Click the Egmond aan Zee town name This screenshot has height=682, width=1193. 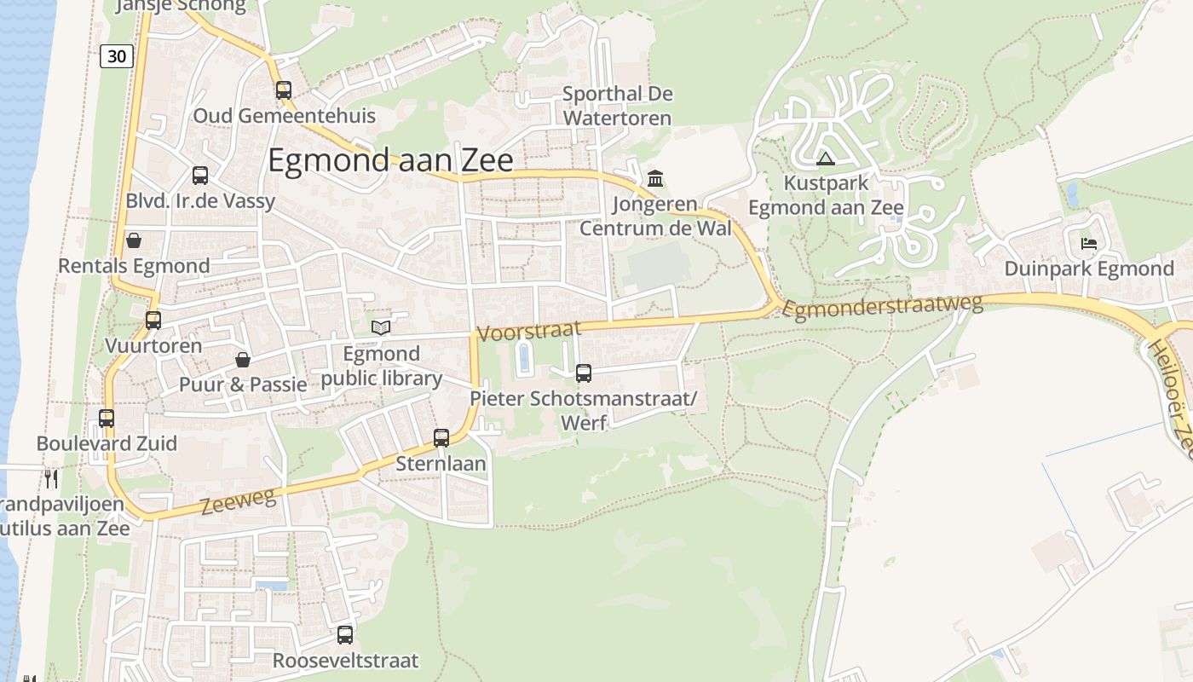coord(390,160)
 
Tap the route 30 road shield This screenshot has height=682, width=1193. coord(118,56)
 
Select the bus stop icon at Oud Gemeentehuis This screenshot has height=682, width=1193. coord(284,90)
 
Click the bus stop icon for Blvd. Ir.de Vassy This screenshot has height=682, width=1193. coord(200,176)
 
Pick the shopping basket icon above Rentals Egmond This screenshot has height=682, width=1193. coord(134,240)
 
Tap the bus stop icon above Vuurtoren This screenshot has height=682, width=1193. coord(153,321)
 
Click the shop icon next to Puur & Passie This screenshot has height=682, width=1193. coord(243,360)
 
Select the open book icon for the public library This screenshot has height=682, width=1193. coord(381,327)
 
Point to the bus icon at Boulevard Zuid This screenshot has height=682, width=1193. coord(107,419)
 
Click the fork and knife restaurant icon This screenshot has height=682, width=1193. coord(51,478)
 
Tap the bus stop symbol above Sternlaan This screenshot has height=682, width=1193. coord(441,438)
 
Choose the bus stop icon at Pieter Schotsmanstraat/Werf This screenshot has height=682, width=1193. coord(584,373)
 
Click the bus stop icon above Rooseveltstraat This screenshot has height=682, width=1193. coord(345,635)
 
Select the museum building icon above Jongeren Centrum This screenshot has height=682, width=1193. coord(655,179)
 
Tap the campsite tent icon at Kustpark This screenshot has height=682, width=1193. coord(825,159)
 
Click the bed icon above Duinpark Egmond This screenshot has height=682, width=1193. coord(1089,244)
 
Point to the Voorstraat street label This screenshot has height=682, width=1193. coord(529,331)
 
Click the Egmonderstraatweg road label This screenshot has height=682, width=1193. coord(882,306)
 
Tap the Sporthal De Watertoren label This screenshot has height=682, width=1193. coord(617,106)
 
